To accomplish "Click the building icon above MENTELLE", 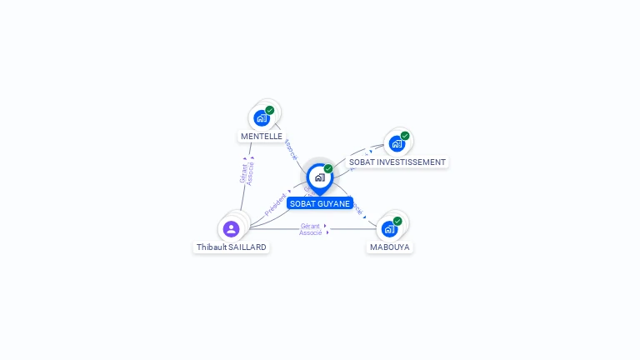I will pyautogui.click(x=262, y=117).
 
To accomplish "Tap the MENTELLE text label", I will pyautogui.click(x=262, y=136).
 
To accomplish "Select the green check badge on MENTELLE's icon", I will pyautogui.click(x=270, y=110).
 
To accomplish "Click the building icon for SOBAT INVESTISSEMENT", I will pyautogui.click(x=397, y=143).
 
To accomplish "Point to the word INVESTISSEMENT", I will pyautogui.click(x=410, y=162).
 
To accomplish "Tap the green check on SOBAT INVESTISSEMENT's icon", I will pyautogui.click(x=405, y=136).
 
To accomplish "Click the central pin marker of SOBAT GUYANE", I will pyautogui.click(x=319, y=177).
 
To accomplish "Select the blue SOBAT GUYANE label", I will pyautogui.click(x=320, y=203).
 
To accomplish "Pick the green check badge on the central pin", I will pyautogui.click(x=328, y=169).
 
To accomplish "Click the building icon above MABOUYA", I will pyautogui.click(x=389, y=228).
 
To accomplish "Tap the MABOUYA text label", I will pyautogui.click(x=390, y=247).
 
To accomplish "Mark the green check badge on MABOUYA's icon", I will pyautogui.click(x=397, y=221).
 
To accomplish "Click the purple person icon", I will pyautogui.click(x=232, y=228).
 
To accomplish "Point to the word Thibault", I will pyautogui.click(x=212, y=247).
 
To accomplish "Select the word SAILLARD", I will pyautogui.click(x=248, y=247).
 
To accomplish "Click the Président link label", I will pyautogui.click(x=276, y=204).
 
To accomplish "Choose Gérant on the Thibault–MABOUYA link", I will pyautogui.click(x=310, y=226).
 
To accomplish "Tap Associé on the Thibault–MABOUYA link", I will pyautogui.click(x=310, y=233).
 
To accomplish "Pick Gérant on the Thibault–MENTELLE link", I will pyautogui.click(x=243, y=173).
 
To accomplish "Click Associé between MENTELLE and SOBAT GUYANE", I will pyautogui.click(x=290, y=149).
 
